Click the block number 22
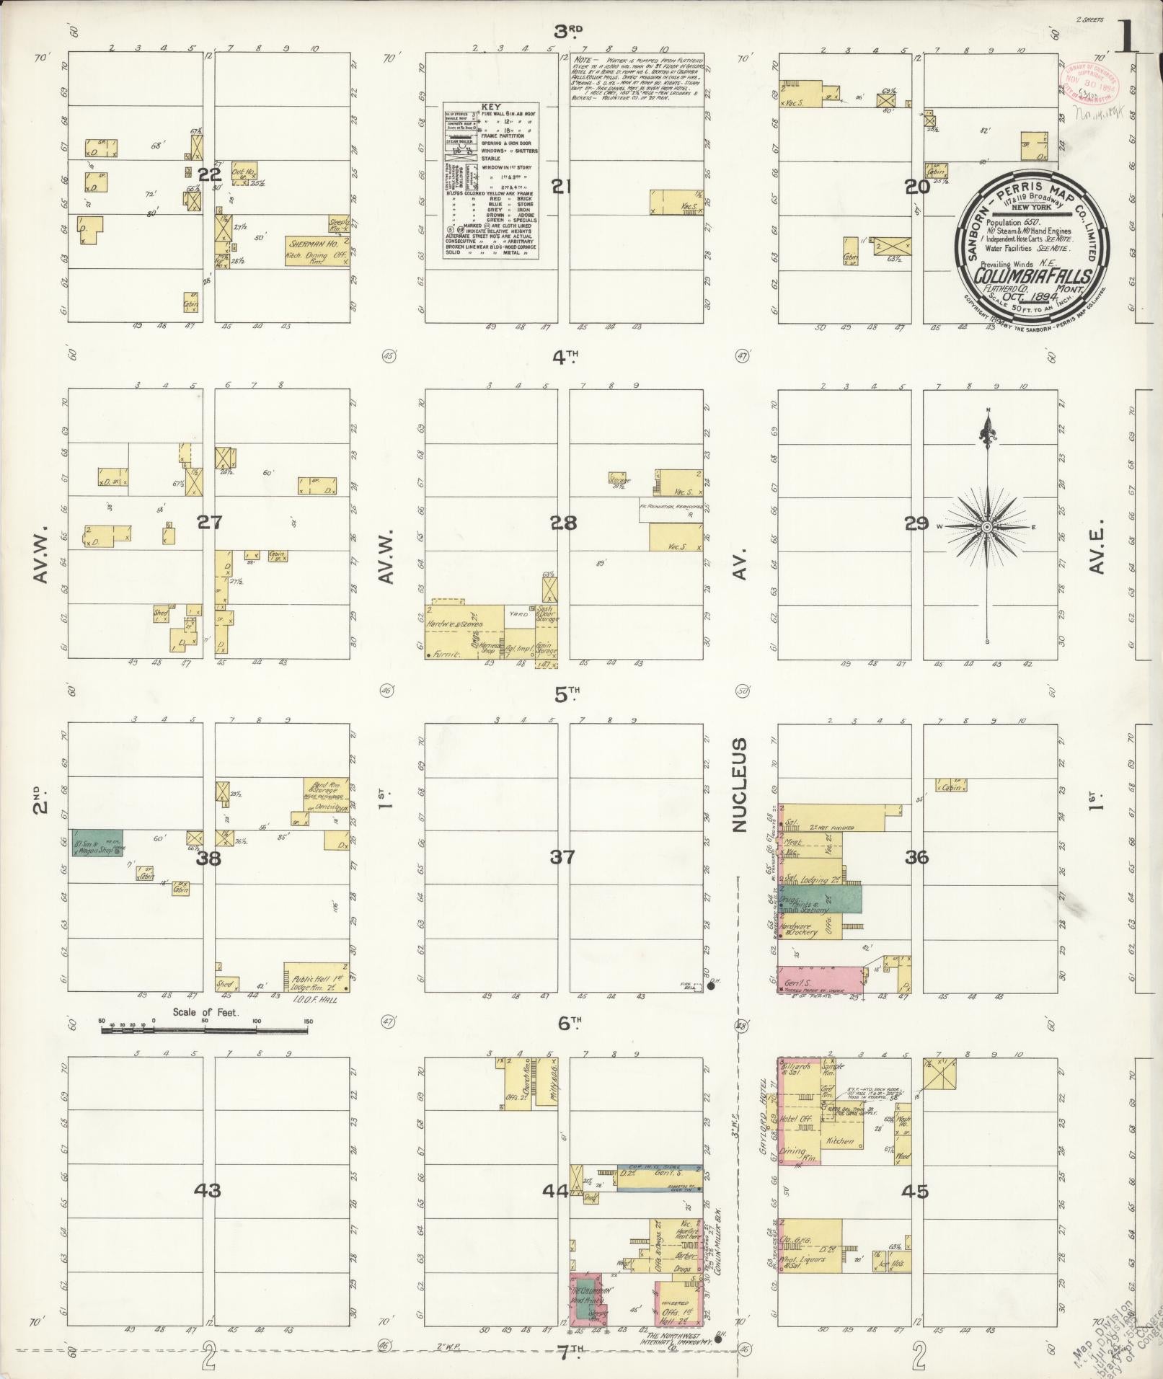coord(209,174)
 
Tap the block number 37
coord(562,857)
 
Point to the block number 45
coord(917,1192)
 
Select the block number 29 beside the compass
coord(917,523)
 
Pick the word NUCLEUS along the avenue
coord(740,785)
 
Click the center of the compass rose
coord(988,527)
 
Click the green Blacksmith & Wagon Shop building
coord(97,843)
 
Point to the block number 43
coord(209,1190)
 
